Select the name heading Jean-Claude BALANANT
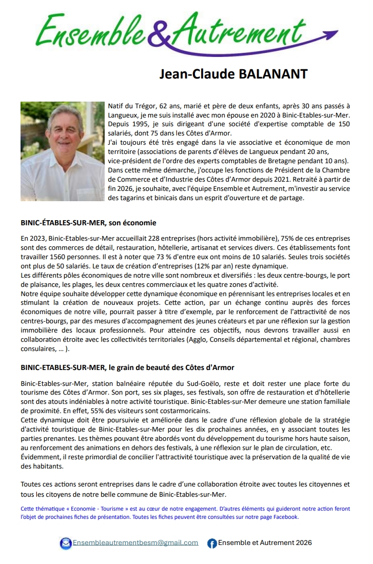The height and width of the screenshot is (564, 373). click(x=233, y=74)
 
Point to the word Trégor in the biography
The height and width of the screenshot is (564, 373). click(x=142, y=106)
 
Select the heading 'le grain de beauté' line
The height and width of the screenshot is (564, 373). click(x=127, y=368)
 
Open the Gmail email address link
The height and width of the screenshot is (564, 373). click(x=135, y=543)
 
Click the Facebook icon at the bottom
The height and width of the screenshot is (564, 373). click(x=212, y=543)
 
